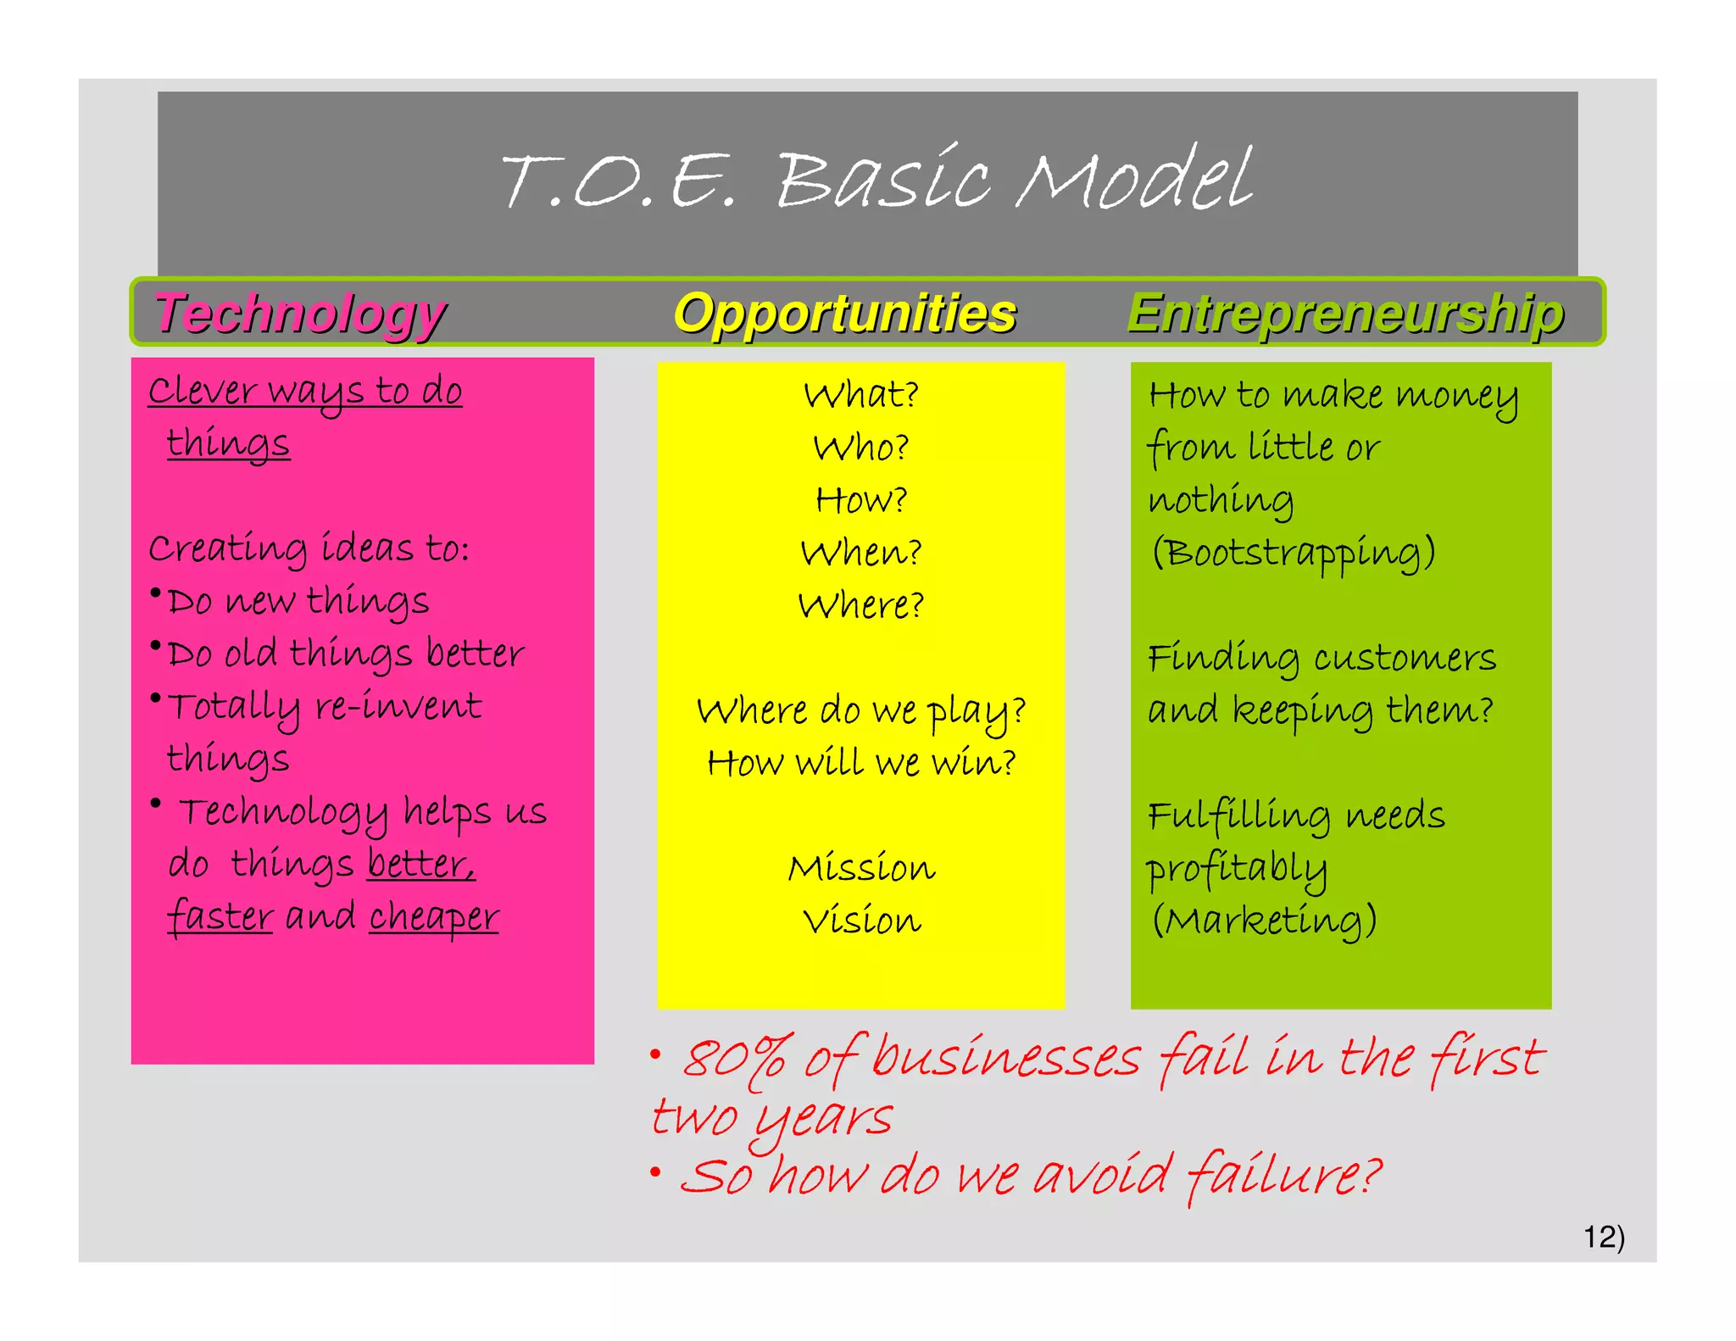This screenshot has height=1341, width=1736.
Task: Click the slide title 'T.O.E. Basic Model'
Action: (876, 180)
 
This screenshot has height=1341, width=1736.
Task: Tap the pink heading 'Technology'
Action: (300, 314)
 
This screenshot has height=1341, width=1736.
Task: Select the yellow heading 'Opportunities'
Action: (845, 314)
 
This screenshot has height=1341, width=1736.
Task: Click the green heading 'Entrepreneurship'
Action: (1345, 314)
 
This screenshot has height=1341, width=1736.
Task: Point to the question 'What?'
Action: (861, 395)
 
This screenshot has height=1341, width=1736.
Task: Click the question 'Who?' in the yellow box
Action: (861, 448)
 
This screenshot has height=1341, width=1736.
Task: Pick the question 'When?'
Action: (861, 553)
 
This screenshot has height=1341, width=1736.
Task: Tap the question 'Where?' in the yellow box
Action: (861, 605)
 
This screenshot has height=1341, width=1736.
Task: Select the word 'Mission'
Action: (861, 868)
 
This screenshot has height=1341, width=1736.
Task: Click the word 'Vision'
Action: (861, 921)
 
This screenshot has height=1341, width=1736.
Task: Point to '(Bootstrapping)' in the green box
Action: (1293, 553)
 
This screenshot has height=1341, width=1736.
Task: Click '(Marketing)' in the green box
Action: (1263, 921)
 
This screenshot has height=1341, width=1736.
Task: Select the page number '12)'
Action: (1604, 1237)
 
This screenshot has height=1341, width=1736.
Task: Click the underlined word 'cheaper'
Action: (434, 917)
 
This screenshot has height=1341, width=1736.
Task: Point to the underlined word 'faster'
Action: (220, 917)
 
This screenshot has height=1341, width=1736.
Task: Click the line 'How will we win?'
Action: (861, 763)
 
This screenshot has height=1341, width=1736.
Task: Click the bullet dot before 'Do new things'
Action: (156, 593)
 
